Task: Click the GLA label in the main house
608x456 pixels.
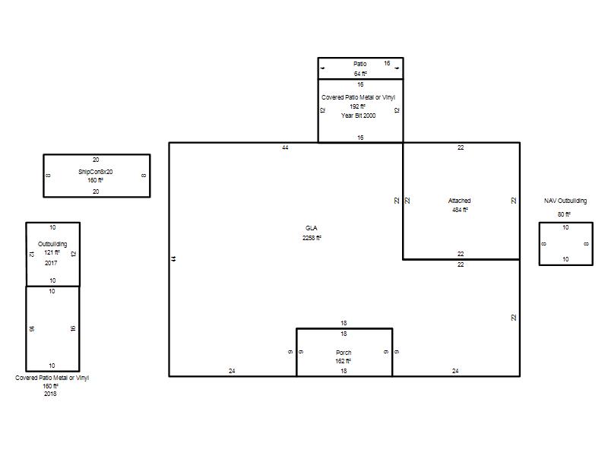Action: point(311,228)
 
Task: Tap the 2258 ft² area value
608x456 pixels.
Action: point(312,238)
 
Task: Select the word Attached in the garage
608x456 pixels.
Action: point(460,201)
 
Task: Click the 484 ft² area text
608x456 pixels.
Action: point(460,210)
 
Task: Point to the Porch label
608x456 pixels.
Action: point(344,353)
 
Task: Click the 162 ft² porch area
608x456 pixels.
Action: point(344,361)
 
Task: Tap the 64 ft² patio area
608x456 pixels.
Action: point(360,74)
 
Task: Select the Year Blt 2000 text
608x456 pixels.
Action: point(358,116)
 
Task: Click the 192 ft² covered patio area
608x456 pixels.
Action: point(357,106)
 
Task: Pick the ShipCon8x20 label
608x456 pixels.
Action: point(96,172)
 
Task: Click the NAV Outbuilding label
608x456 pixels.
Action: point(565,201)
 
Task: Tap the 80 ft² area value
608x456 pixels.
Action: point(564,214)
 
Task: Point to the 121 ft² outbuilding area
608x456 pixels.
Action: point(52,252)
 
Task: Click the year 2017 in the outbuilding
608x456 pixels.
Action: point(51,263)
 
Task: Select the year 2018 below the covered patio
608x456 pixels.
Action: point(50,394)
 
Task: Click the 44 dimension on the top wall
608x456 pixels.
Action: point(286,147)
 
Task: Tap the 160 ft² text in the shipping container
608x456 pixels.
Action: point(96,180)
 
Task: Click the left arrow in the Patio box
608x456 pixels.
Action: point(322,68)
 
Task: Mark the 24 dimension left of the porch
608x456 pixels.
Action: point(232,371)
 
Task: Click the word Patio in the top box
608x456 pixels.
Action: point(359,64)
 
